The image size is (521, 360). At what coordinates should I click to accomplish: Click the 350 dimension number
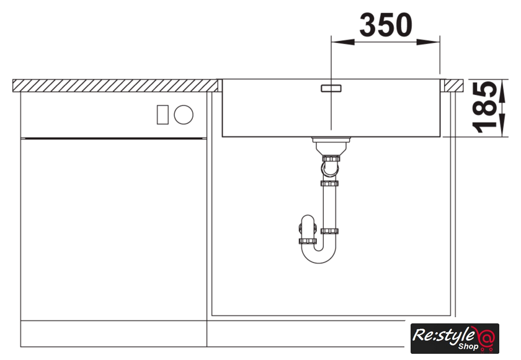click(x=386, y=25)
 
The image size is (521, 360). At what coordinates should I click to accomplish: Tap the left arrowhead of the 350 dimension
click(x=342, y=42)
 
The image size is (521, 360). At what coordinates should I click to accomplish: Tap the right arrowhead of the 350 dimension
click(x=429, y=42)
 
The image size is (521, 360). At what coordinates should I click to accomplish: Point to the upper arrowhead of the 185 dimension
click(x=502, y=91)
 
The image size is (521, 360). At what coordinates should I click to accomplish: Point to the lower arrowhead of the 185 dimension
click(x=502, y=125)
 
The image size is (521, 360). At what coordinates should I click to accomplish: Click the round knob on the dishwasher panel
click(x=184, y=115)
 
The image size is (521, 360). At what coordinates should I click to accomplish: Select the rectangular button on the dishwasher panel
click(x=163, y=115)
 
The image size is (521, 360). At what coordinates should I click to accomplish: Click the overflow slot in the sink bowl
click(x=331, y=88)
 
